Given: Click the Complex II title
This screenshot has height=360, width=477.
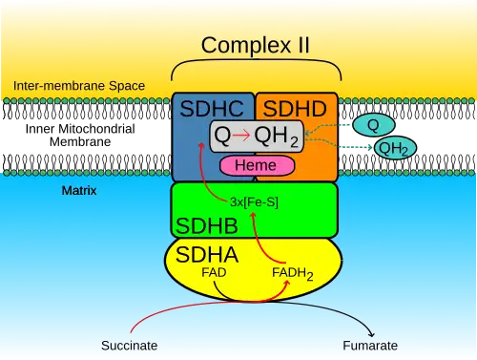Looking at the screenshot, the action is pyautogui.click(x=255, y=46).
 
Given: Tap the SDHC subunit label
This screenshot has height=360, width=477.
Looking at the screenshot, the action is pyautogui.click(x=212, y=109).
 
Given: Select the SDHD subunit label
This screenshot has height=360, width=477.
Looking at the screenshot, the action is pyautogui.click(x=295, y=109).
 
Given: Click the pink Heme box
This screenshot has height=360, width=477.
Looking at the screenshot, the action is pyautogui.click(x=257, y=165).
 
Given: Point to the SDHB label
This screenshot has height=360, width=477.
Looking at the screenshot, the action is pyautogui.click(x=207, y=225).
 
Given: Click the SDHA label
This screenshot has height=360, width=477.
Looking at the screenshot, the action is pyautogui.click(x=207, y=255).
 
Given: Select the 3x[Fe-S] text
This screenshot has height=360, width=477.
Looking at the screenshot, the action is pyautogui.click(x=254, y=201).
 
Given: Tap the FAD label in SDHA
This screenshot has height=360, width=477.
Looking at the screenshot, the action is pyautogui.click(x=214, y=272).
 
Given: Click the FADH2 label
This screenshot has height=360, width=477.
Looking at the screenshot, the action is pyautogui.click(x=293, y=274).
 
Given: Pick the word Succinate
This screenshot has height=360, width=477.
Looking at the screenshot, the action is pyautogui.click(x=130, y=346).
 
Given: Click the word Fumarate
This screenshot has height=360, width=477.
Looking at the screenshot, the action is pyautogui.click(x=370, y=346).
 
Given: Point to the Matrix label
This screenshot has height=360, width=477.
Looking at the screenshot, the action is pyautogui.click(x=79, y=190).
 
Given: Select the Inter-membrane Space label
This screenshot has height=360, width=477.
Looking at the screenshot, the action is pyautogui.click(x=79, y=86).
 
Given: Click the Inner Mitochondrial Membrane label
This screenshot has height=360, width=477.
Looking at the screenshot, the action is pyautogui.click(x=80, y=135).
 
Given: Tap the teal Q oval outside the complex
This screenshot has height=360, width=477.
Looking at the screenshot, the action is pyautogui.click(x=374, y=125).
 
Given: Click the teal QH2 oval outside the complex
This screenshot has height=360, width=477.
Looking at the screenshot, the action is pyautogui.click(x=395, y=148).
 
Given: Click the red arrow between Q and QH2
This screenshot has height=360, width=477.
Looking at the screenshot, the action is pyautogui.click(x=241, y=135).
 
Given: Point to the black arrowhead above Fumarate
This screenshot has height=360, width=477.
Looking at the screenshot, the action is pyautogui.click(x=371, y=334).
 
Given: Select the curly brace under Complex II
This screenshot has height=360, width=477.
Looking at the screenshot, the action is pyautogui.click(x=257, y=59).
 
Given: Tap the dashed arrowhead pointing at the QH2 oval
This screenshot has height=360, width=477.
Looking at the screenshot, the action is pyautogui.click(x=370, y=147).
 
